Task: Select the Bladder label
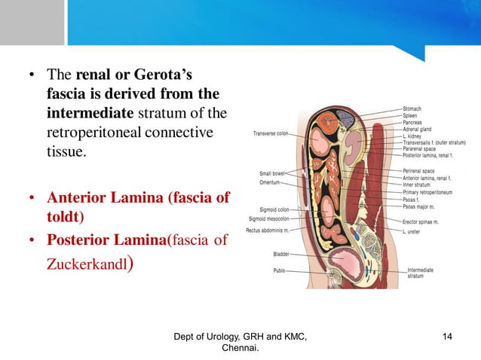tap(282, 255)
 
